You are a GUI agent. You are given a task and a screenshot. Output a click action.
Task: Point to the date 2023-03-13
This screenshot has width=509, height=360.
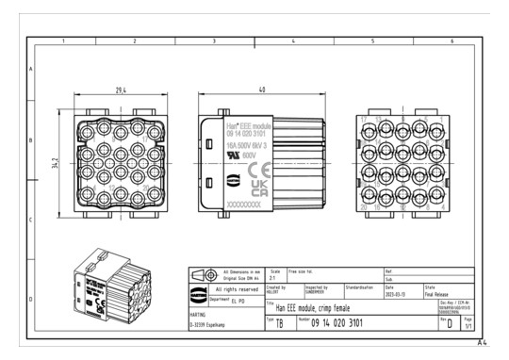[x=396, y=293]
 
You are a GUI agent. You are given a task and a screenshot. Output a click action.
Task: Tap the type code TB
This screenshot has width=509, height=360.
[x=278, y=323]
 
